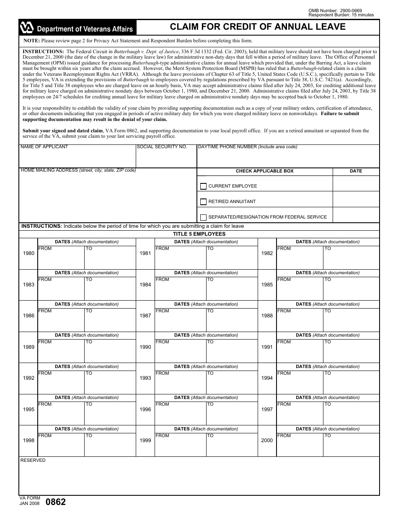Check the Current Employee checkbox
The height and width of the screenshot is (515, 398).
[204, 186]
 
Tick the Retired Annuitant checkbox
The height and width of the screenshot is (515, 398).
[204, 202]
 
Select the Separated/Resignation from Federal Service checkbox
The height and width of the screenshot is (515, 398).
[204, 217]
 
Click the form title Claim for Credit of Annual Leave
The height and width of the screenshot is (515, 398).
[258, 27]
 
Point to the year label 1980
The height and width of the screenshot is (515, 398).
[29, 254]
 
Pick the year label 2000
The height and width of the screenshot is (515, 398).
[267, 440]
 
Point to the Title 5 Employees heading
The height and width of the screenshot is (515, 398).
[199, 234]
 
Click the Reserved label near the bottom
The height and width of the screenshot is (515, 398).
[33, 460]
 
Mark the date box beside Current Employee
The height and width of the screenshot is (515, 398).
[356, 183]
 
